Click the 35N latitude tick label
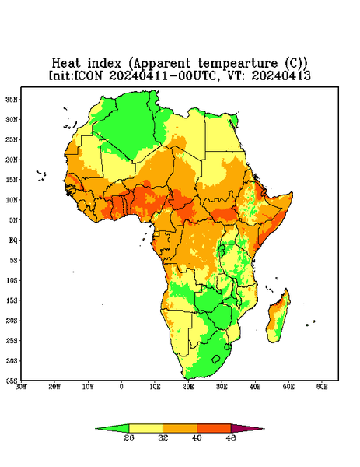12,99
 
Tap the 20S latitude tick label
12,321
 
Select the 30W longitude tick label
22,387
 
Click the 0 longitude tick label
121,387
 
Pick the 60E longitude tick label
322,387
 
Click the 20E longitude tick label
188,387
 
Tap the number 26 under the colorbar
129,437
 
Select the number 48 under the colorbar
231,437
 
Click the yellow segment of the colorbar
145,428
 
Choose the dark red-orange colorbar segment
214,428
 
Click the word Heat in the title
66,64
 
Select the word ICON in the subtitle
88,75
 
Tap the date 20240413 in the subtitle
281,75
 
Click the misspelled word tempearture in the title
237,64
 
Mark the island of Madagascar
278,318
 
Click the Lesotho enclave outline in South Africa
216,359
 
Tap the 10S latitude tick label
12,280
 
